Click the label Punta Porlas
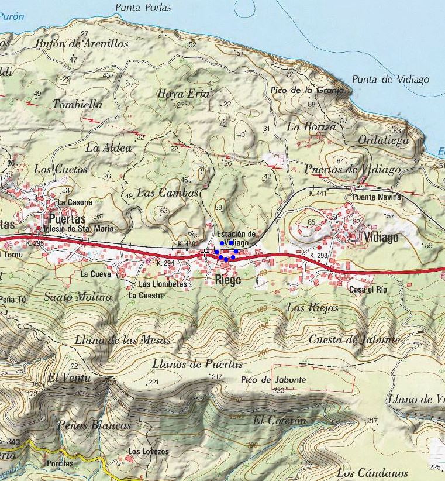click(143, 8)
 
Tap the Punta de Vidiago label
click(390, 80)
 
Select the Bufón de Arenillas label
click(81, 43)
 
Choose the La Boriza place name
click(311, 126)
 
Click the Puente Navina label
click(377, 197)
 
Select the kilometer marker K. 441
click(318, 193)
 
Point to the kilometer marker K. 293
click(318, 256)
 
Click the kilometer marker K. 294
click(166, 263)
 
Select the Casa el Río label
click(369, 290)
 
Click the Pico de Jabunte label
click(273, 380)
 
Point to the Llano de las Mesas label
click(123, 340)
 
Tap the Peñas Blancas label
click(94, 425)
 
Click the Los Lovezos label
click(149, 452)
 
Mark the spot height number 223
click(278, 390)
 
